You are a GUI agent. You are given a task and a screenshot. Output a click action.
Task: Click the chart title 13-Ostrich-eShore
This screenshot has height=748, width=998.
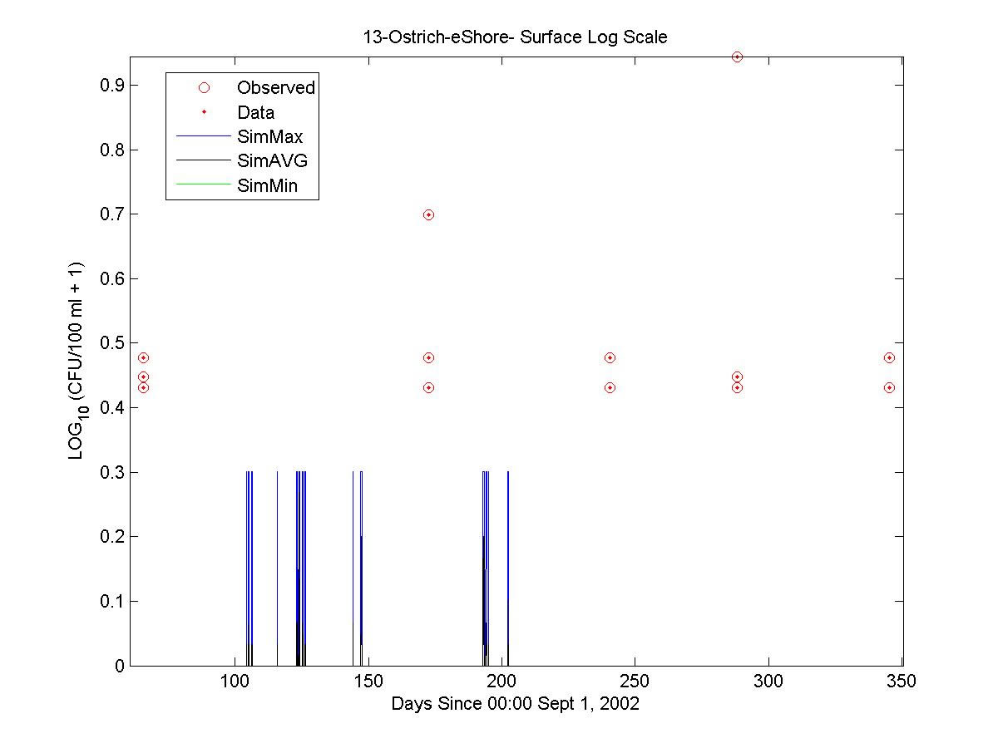pos(515,37)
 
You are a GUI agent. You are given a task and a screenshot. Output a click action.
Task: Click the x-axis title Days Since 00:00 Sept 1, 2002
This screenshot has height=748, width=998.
pos(515,704)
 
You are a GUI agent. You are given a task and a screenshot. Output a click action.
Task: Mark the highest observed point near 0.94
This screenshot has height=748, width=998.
pos(737,57)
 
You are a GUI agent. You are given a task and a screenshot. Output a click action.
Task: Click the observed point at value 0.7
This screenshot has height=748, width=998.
pos(428,214)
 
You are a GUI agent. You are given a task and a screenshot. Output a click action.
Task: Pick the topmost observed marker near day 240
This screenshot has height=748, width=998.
pos(610,357)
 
